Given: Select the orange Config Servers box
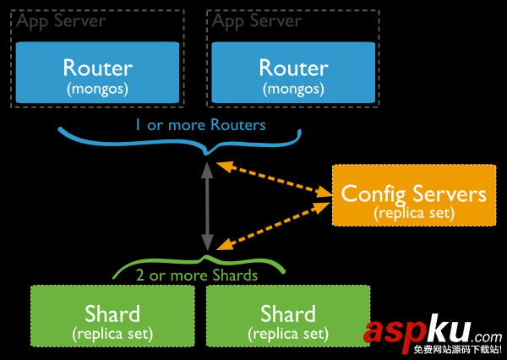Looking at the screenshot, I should pyautogui.click(x=413, y=196).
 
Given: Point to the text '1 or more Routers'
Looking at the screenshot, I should pyautogui.click(x=199, y=125).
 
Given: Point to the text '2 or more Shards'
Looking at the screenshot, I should pyautogui.click(x=196, y=275).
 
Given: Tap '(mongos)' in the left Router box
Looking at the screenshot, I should pyautogui.click(x=98, y=87).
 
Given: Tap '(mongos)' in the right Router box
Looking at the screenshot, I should pyautogui.click(x=293, y=87).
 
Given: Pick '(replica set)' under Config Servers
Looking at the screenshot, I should pyautogui.click(x=413, y=213).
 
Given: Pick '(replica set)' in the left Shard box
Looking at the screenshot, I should pyautogui.click(x=112, y=333).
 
